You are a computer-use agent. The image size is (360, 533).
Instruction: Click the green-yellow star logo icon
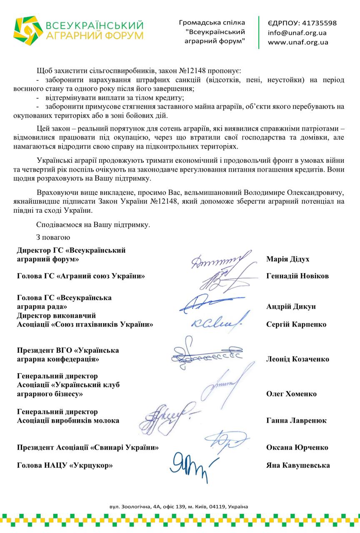click(28, 30)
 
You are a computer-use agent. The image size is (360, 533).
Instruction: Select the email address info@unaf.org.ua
click(297, 32)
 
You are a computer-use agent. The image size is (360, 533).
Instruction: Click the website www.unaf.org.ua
click(298, 42)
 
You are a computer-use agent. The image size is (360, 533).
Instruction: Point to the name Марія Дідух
click(287, 259)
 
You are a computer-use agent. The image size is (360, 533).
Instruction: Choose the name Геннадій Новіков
click(297, 276)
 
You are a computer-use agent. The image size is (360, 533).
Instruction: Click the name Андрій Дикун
click(291, 306)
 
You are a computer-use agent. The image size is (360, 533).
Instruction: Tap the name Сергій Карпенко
click(296, 324)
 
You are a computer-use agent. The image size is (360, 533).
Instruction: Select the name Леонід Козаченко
click(297, 359)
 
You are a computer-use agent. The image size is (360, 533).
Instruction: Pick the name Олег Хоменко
click(291, 394)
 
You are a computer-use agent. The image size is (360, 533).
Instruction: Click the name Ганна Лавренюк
click(296, 421)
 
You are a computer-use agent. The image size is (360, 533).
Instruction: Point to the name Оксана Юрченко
click(297, 448)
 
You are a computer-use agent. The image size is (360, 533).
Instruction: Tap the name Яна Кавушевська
click(298, 465)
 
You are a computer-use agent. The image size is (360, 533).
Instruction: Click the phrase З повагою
click(53, 238)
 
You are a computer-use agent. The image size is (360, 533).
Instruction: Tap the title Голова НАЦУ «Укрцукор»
click(65, 465)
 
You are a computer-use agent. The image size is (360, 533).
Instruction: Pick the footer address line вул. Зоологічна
click(179, 507)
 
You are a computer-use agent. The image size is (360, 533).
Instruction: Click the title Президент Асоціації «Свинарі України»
click(88, 448)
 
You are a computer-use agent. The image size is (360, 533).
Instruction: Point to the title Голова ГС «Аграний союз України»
click(81, 276)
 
